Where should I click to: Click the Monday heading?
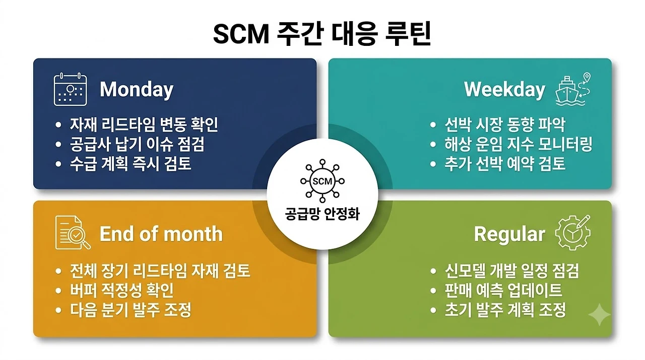click(137, 90)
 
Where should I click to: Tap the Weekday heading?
click(504, 90)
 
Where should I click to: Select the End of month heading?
click(161, 233)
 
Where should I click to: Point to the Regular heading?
click(509, 234)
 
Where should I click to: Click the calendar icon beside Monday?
click(70, 89)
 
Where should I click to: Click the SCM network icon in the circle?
click(322, 181)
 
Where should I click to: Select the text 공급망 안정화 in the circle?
click(322, 214)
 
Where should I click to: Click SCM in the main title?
click(241, 34)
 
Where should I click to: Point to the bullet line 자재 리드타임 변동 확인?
click(144, 125)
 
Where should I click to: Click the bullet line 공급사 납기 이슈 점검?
click(137, 144)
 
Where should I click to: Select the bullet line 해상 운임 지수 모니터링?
click(519, 144)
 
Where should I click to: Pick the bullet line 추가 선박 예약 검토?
click(505, 164)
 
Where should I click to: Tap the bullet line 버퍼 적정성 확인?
click(122, 290)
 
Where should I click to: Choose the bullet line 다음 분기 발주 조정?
click(131, 310)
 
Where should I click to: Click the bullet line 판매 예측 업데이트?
click(503, 290)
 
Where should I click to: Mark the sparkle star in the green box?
click(599, 315)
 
